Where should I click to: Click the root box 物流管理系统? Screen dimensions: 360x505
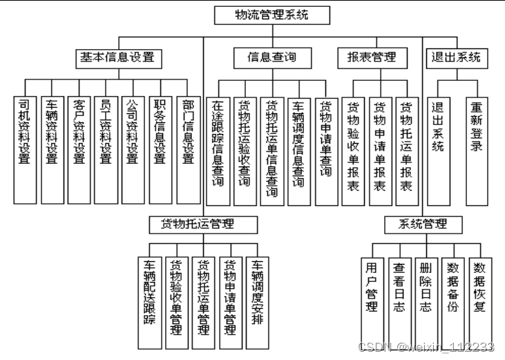pyautogui.click(x=271, y=15)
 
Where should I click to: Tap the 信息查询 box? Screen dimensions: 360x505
pyautogui.click(x=271, y=57)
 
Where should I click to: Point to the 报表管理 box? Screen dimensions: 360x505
pyautogui.click(x=372, y=57)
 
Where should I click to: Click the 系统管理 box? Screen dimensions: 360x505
pyautogui.click(x=423, y=224)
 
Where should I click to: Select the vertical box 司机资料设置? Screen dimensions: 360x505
pyautogui.click(x=25, y=149)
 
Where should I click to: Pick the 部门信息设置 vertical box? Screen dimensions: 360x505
pyautogui.click(x=187, y=149)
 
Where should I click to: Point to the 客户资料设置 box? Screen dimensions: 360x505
pyautogui.click(x=79, y=149)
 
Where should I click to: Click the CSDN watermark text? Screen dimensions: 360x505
pyautogui.click(x=426, y=347)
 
